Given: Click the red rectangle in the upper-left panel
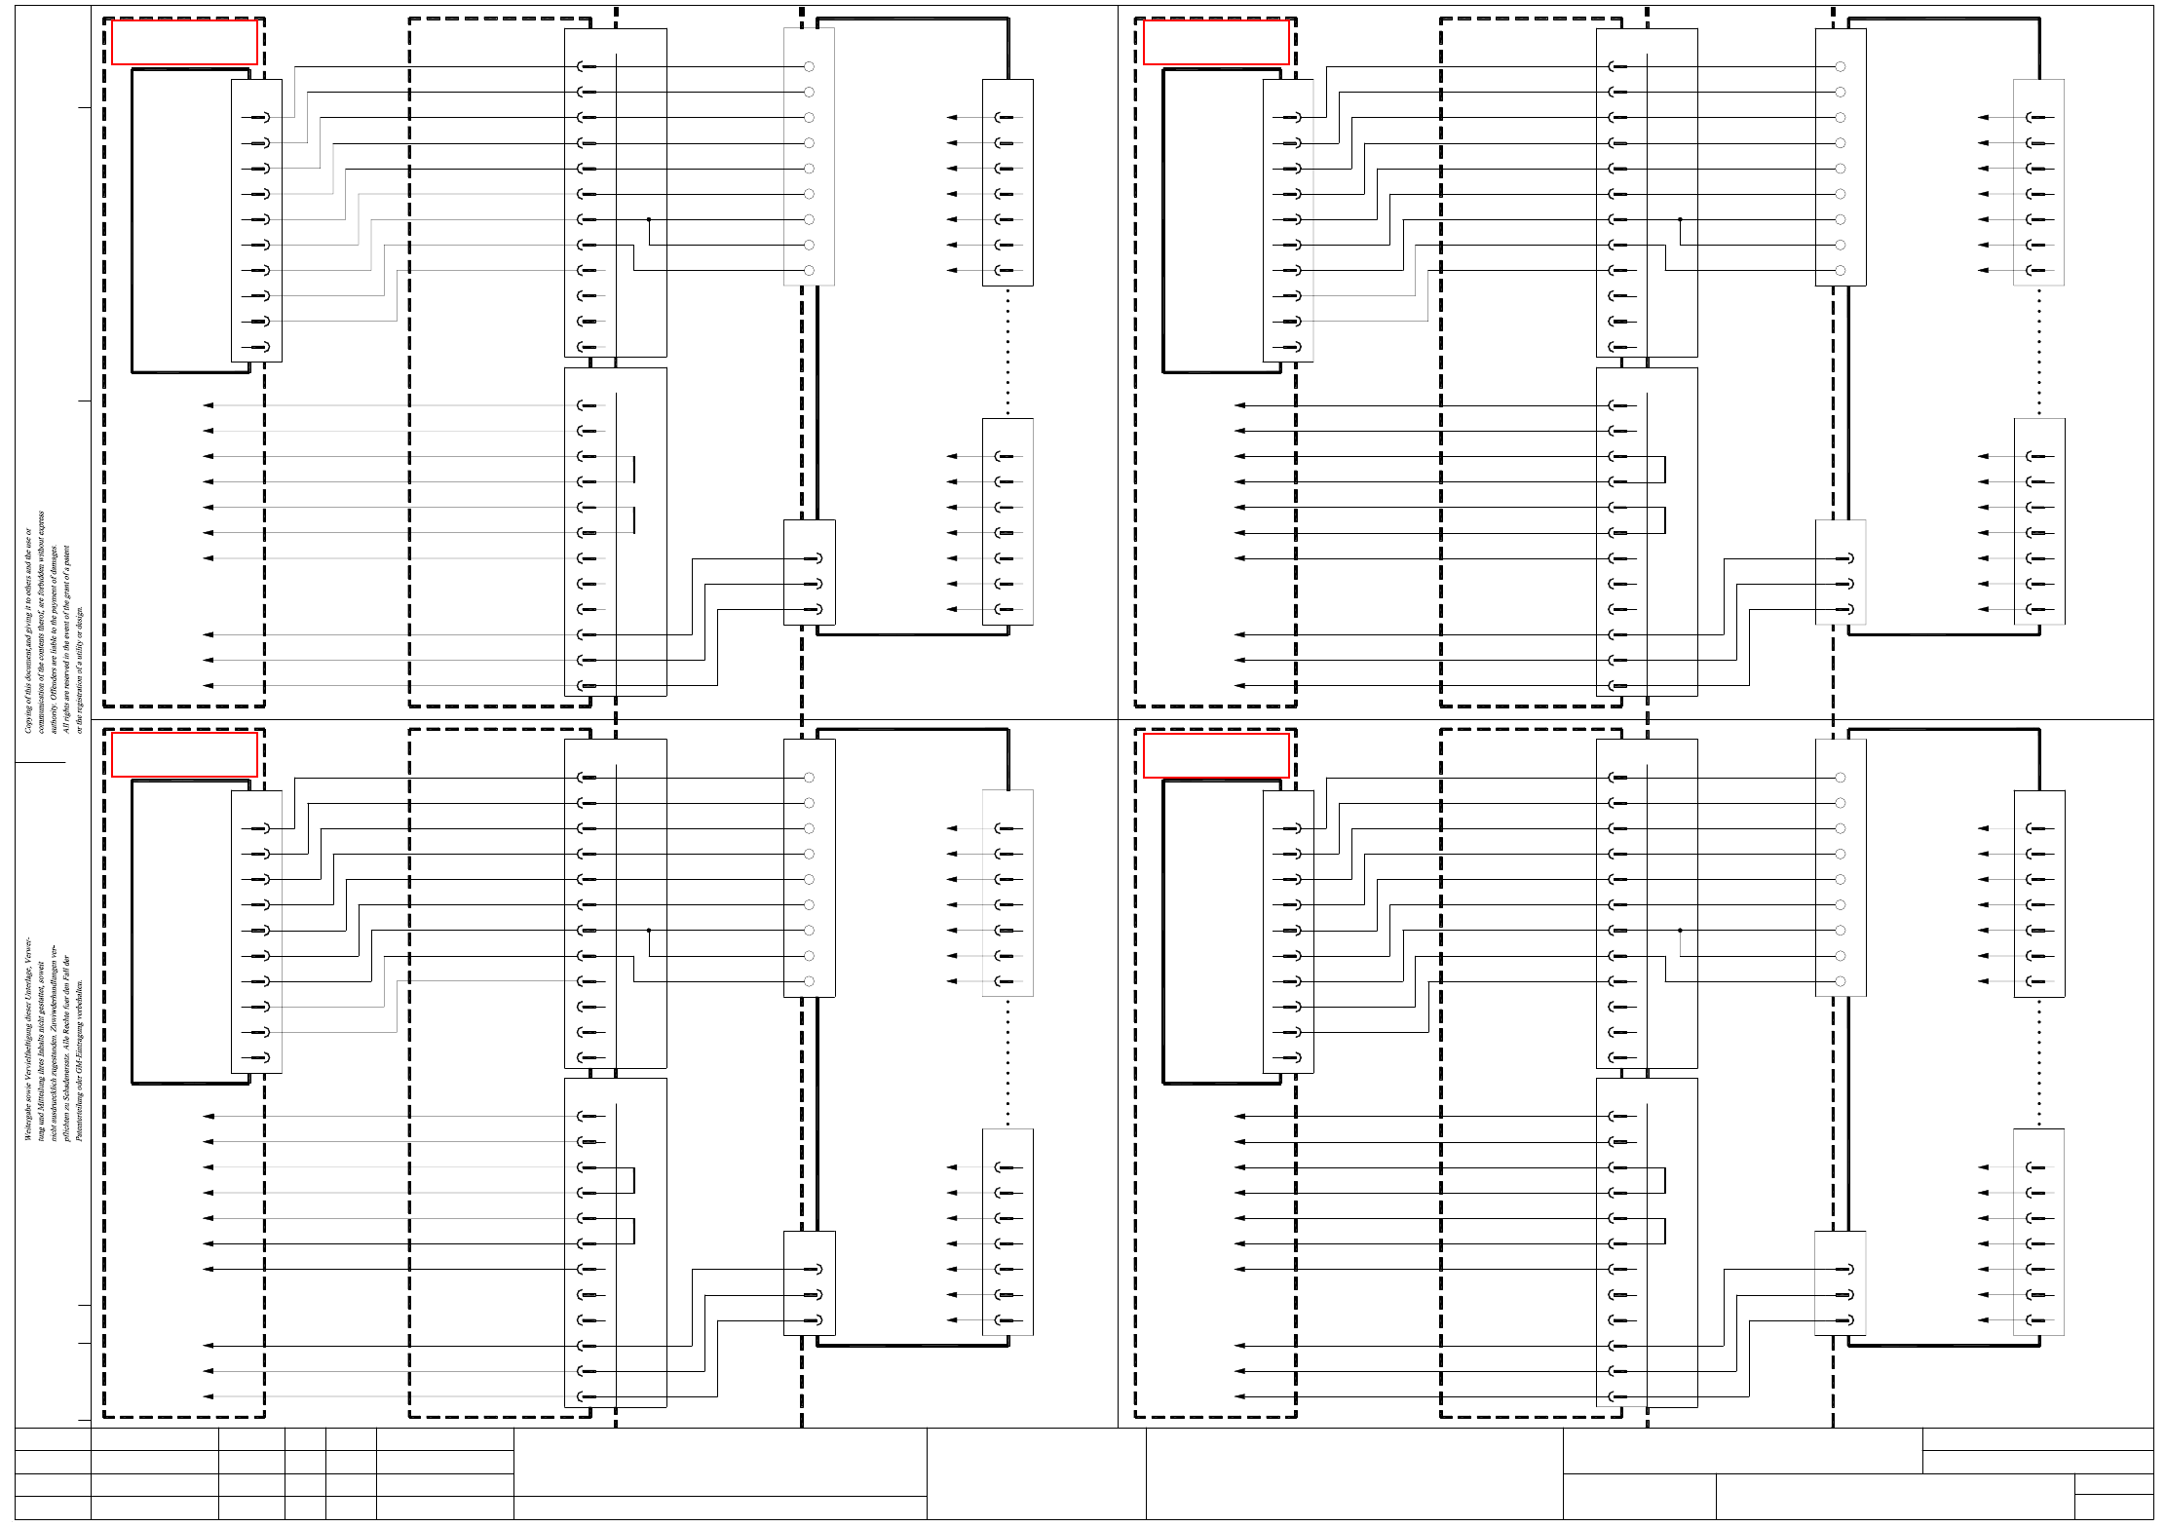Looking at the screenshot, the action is click(x=184, y=43).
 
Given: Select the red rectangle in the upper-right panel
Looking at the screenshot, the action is click(x=1215, y=43).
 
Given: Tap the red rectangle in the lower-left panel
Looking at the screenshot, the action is click(x=184, y=754).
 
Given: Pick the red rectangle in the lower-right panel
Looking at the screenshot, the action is click(x=1215, y=755).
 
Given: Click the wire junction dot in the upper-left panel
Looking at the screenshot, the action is click(x=649, y=219).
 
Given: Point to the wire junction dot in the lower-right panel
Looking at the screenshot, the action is click(x=1680, y=931).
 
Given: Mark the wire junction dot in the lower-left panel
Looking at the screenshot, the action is click(x=649, y=931).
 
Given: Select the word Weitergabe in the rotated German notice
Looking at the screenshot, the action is click(x=28, y=1120).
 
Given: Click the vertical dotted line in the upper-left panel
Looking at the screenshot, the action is click(x=1007, y=351).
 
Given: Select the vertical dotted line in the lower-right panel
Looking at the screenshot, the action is click(x=2038, y=1062).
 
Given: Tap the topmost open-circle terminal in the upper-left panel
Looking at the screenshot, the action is click(x=809, y=66).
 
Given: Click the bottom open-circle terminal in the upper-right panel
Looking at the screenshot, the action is click(x=1840, y=270).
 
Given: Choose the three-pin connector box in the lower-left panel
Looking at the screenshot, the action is click(x=809, y=1282).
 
